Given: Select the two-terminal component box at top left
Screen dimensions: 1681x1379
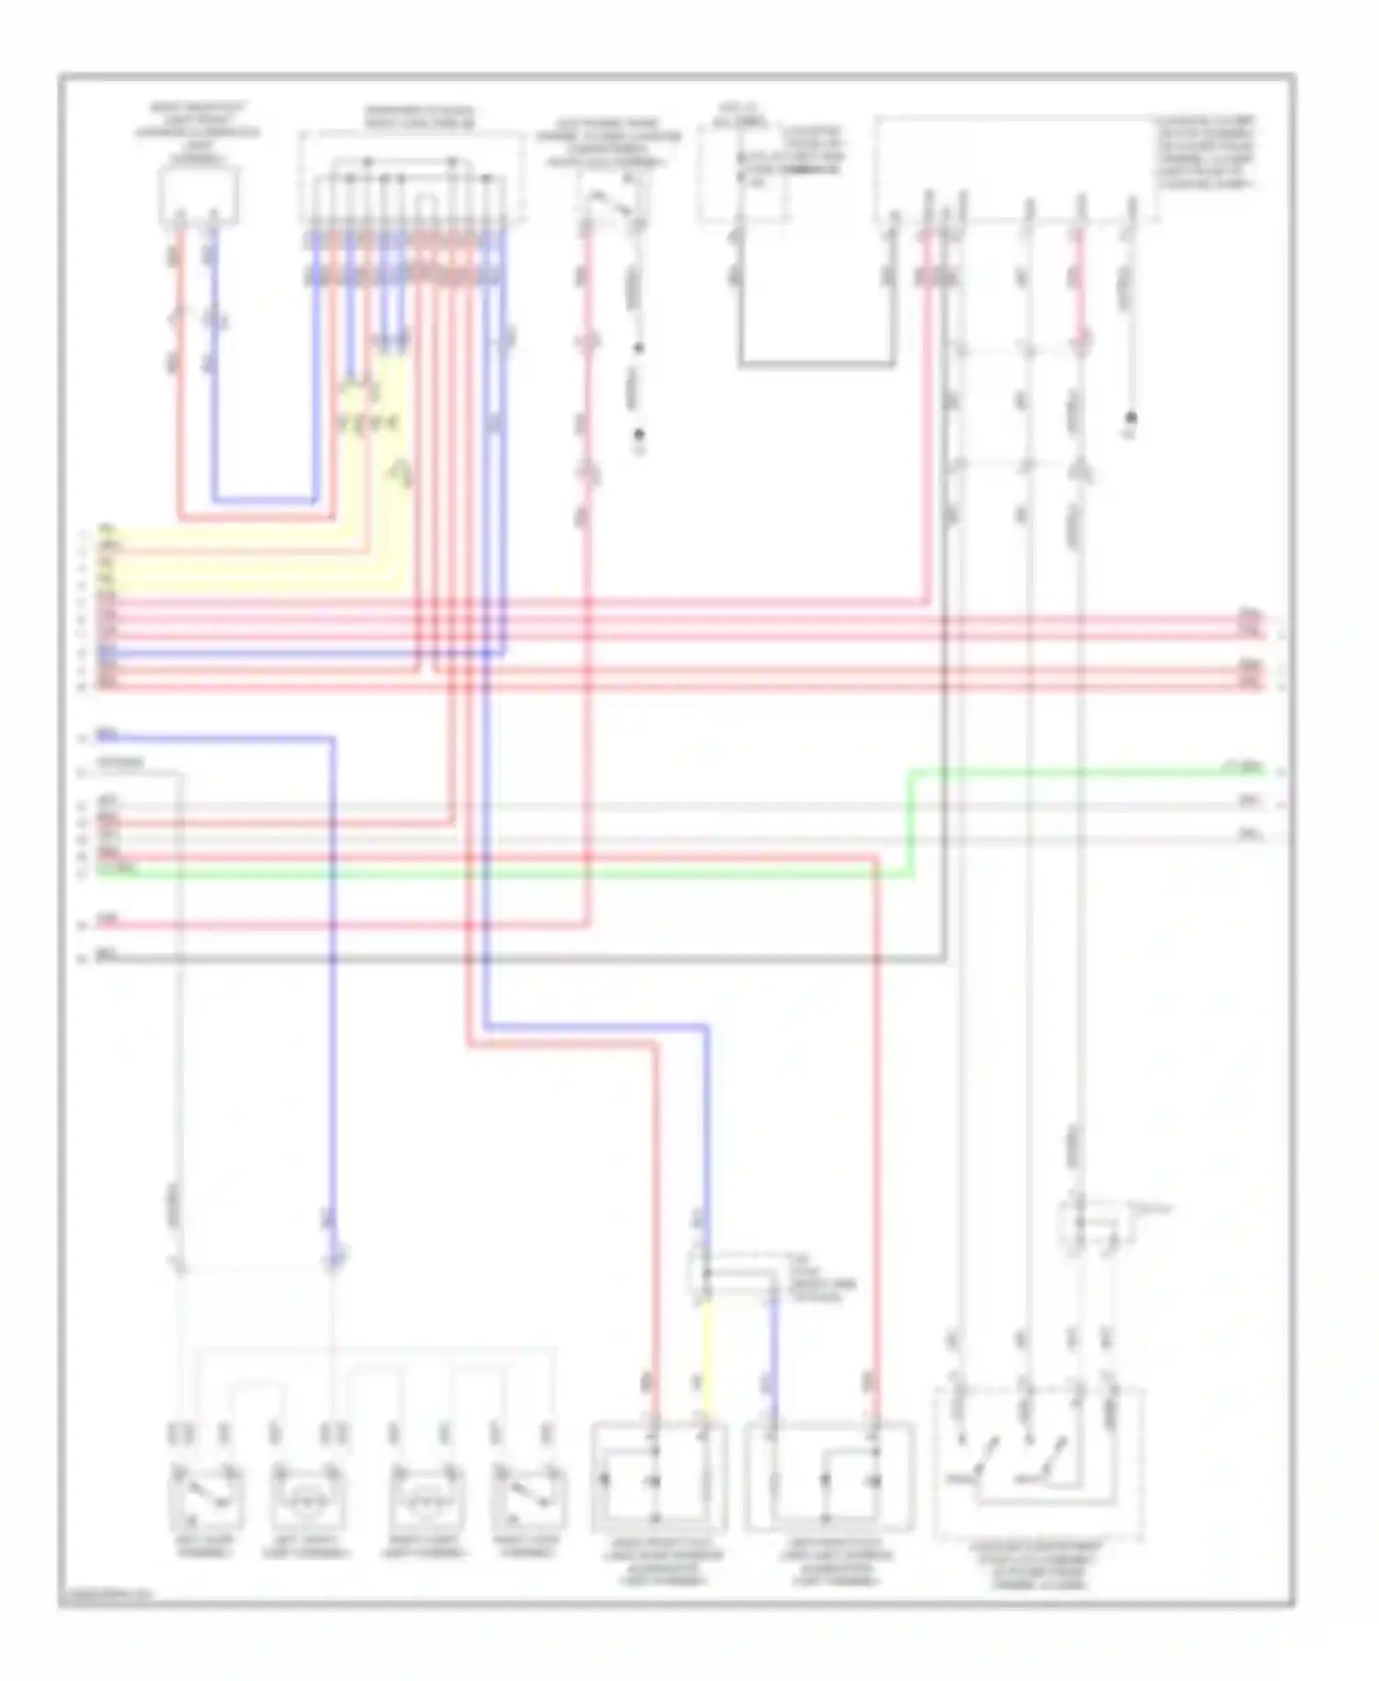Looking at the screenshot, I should click(x=199, y=196).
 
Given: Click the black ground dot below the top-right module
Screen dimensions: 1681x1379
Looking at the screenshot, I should click(x=1132, y=417).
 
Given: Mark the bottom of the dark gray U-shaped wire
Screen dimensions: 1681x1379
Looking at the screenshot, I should click(x=816, y=365).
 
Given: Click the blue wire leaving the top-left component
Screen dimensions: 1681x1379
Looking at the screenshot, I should click(x=214, y=368).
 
